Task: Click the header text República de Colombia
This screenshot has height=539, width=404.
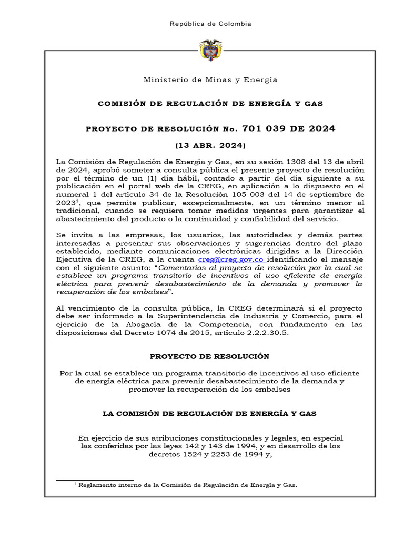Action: pos(210,24)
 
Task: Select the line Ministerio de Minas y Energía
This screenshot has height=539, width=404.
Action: pos(210,79)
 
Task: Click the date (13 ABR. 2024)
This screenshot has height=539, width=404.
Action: pos(210,145)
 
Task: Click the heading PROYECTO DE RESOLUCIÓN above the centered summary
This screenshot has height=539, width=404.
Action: pos(210,356)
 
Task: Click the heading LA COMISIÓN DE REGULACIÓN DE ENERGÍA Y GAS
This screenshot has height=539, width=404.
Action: pos(210,414)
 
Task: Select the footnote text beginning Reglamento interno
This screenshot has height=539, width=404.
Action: pos(187,485)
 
